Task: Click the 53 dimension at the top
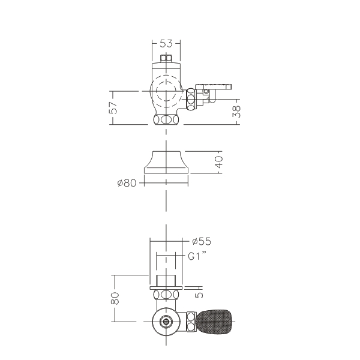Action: click(166, 43)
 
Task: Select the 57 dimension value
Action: click(113, 107)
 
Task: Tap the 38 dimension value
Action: click(237, 112)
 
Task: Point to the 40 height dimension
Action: click(219, 162)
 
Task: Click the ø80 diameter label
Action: click(127, 183)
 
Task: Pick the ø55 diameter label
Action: click(202, 241)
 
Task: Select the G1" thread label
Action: click(197, 256)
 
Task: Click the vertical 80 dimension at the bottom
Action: click(115, 298)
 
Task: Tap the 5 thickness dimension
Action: click(199, 295)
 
